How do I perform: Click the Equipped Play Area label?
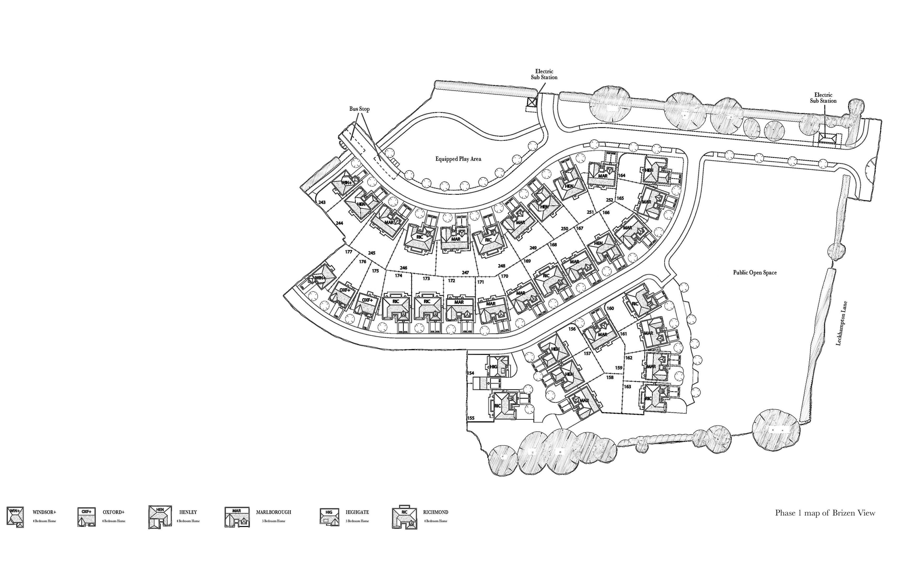tap(458, 159)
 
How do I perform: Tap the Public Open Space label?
tap(755, 272)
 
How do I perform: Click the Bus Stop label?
tap(359, 109)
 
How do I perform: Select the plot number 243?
tap(322, 202)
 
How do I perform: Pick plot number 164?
tap(621, 175)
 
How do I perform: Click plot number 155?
tap(471, 418)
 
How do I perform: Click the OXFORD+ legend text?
tap(114, 512)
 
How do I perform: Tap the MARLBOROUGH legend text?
tap(274, 512)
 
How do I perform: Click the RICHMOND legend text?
tap(436, 512)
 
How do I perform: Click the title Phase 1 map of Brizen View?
tap(825, 513)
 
